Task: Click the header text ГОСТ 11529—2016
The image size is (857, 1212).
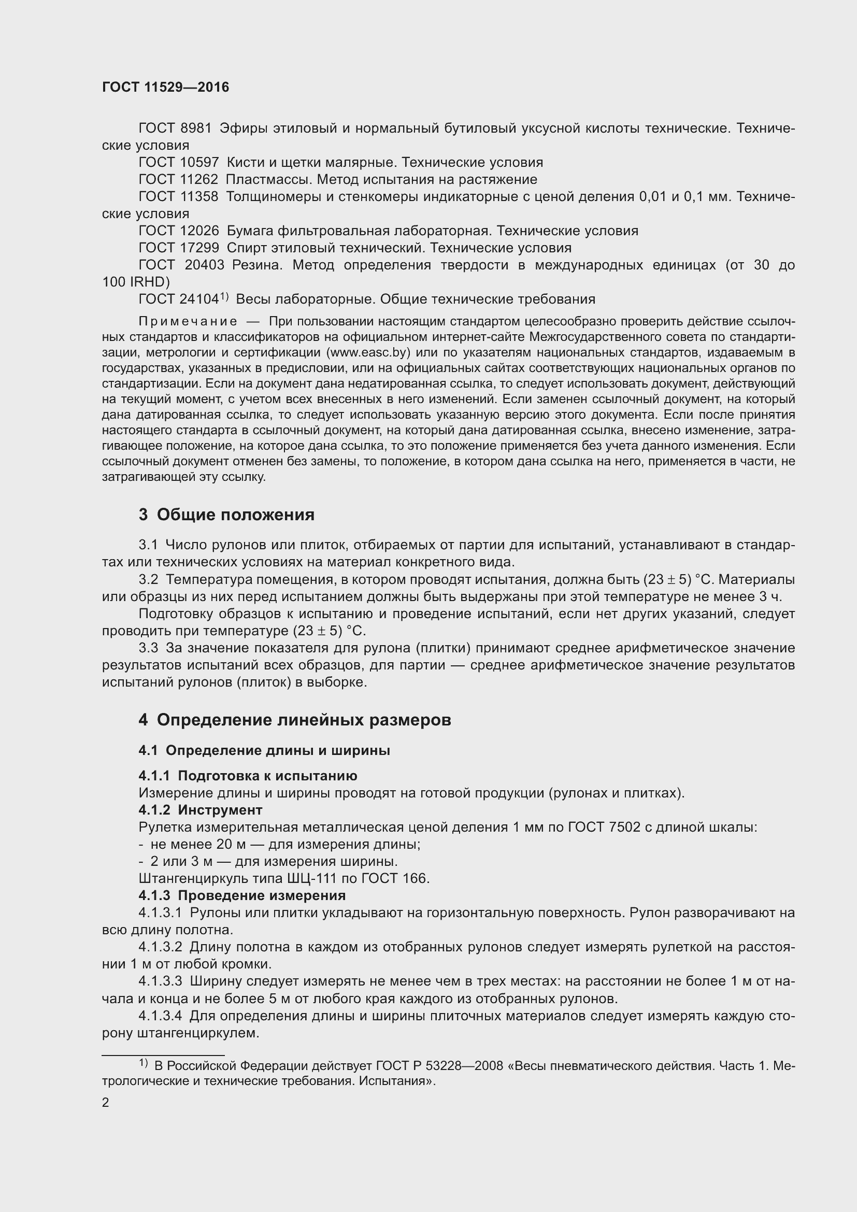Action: (x=166, y=88)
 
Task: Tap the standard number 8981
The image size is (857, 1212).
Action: (x=196, y=129)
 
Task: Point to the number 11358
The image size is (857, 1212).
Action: (x=199, y=197)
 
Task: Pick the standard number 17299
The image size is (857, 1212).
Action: (x=199, y=248)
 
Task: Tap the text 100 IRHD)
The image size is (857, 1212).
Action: (x=136, y=282)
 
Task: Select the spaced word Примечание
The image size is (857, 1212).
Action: (x=188, y=322)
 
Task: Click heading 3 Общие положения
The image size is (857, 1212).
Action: (x=227, y=515)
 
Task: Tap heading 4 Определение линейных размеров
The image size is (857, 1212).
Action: (x=295, y=720)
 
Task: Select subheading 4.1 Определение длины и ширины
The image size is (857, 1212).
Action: (x=264, y=750)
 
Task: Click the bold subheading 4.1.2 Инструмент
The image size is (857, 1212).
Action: (x=201, y=810)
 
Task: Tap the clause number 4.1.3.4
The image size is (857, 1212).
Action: (x=161, y=1016)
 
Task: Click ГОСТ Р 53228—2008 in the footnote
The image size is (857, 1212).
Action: (x=439, y=1065)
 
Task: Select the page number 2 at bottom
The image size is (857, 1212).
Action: (x=106, y=1103)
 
